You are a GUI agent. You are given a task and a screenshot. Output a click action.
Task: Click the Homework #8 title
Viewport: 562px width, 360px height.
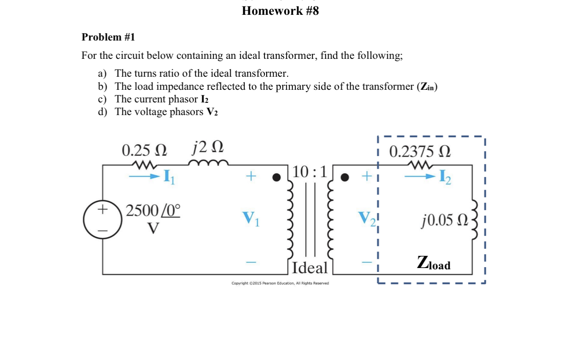(x=280, y=11)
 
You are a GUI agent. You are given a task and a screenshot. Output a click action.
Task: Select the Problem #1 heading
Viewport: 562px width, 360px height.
(x=108, y=37)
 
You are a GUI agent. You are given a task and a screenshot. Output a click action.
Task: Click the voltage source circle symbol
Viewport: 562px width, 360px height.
(x=103, y=220)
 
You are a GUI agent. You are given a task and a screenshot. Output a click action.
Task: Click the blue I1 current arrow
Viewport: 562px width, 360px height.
(x=144, y=177)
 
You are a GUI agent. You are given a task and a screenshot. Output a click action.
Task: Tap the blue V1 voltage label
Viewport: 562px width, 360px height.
(x=251, y=218)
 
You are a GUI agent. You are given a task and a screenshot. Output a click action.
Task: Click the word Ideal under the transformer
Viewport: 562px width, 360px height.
(x=310, y=267)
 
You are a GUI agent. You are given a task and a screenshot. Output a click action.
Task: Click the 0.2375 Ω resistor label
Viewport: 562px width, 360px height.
(x=420, y=152)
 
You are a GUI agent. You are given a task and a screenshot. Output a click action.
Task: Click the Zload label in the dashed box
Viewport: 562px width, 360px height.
(x=433, y=263)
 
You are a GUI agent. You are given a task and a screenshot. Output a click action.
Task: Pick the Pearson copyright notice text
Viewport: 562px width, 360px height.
(x=280, y=283)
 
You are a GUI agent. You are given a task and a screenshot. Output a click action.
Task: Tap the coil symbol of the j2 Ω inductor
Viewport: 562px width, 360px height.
(x=208, y=163)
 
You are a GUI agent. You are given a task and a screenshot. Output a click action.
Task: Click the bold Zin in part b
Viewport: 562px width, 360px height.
(x=427, y=86)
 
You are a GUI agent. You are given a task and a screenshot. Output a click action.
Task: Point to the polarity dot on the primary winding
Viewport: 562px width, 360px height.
(x=276, y=177)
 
